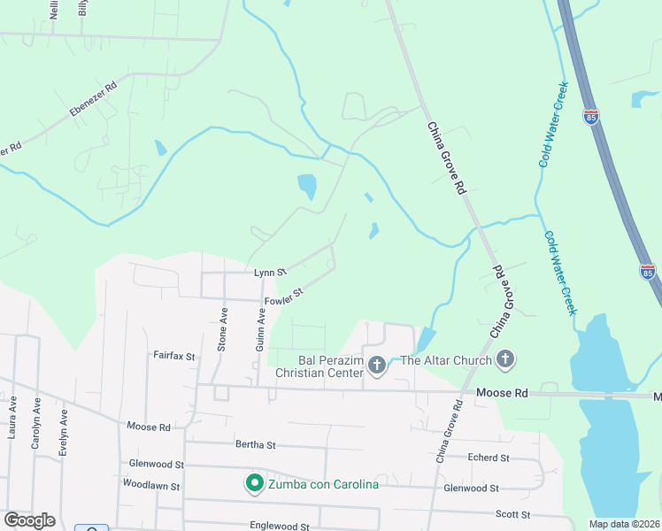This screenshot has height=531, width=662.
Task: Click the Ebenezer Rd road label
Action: tap(93, 102)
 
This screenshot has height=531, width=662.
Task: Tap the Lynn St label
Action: tap(270, 273)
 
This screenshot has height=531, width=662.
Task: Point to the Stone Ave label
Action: tap(223, 329)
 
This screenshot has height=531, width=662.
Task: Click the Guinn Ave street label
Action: tap(260, 329)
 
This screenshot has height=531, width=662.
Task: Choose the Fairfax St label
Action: tap(173, 356)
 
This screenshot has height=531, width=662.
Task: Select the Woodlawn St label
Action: tap(151, 486)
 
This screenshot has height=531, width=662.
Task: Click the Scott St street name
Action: tap(512, 514)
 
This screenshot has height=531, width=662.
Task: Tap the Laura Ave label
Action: tap(12, 418)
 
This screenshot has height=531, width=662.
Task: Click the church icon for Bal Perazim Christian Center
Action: tap(377, 365)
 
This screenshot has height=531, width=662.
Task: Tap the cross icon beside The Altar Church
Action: tap(505, 359)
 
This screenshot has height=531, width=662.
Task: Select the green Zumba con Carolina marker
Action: tap(254, 483)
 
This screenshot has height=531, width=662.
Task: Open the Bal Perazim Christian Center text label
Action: tap(319, 366)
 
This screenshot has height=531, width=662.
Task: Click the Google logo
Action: tap(29, 520)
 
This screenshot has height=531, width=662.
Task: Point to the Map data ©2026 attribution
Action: tap(623, 524)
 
